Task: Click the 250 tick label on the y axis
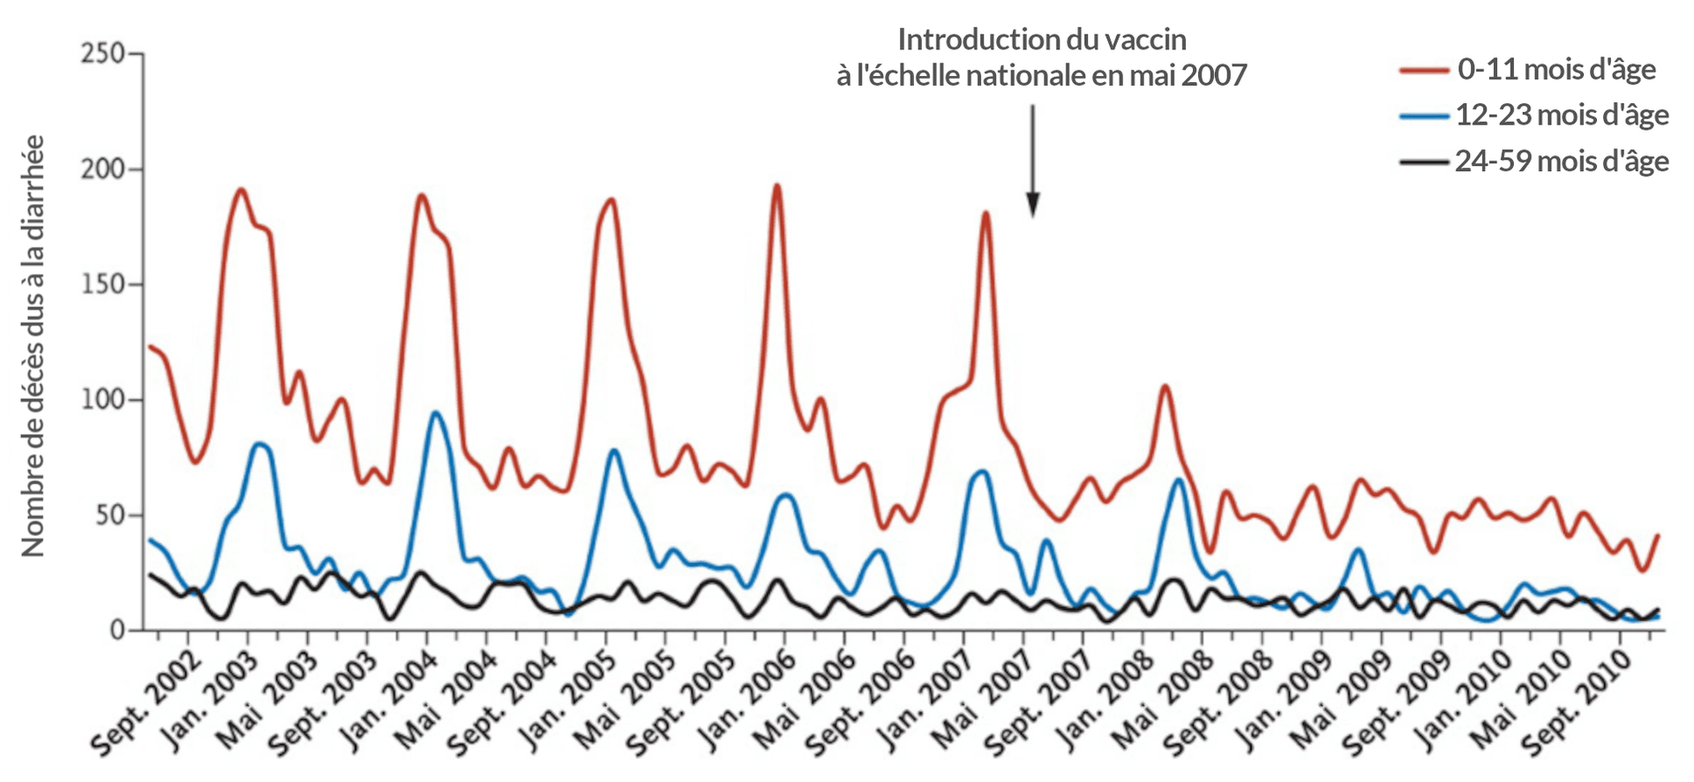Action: [x=102, y=54]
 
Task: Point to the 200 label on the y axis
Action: [x=102, y=169]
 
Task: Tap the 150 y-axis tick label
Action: [x=102, y=284]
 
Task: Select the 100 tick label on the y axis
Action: [x=102, y=400]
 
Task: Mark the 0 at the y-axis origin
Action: [x=117, y=630]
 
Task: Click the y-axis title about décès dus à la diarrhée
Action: [x=33, y=346]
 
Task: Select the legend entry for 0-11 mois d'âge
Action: [x=1555, y=69]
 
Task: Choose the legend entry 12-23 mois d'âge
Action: [x=1561, y=115]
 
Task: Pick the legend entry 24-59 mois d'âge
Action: [x=1561, y=162]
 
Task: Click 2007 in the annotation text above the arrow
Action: [x=1214, y=75]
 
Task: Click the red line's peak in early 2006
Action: [x=776, y=185]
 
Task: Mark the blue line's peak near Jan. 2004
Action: [x=436, y=412]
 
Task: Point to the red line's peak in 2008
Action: [x=1165, y=386]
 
